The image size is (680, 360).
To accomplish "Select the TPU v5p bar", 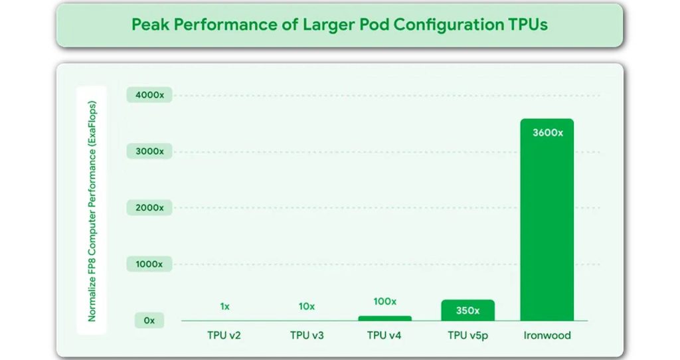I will point(467,311).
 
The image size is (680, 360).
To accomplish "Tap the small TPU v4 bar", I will point(385,318).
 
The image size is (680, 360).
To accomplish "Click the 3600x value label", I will point(547,133).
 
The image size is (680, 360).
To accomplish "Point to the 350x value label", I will point(467,310).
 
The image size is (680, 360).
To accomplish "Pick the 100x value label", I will point(385,302).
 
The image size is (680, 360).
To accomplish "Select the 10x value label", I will point(307,306).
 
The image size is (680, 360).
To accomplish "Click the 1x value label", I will point(225,306).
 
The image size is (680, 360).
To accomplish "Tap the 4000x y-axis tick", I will point(149,95).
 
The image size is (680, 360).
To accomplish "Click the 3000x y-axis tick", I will point(149,151).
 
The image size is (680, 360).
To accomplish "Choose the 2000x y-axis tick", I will point(149,208).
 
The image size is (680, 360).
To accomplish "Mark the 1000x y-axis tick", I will point(149,264).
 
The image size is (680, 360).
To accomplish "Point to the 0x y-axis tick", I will point(149,320).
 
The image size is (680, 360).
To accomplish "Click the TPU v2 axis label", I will point(224,335).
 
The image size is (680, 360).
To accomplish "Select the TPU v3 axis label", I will point(307,335).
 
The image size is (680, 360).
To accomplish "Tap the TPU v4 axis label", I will point(385,335).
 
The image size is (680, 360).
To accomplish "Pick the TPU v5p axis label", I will point(467,335).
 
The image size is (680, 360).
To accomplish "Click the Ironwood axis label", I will point(547,335).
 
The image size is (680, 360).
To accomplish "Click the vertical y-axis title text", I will point(93,211).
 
